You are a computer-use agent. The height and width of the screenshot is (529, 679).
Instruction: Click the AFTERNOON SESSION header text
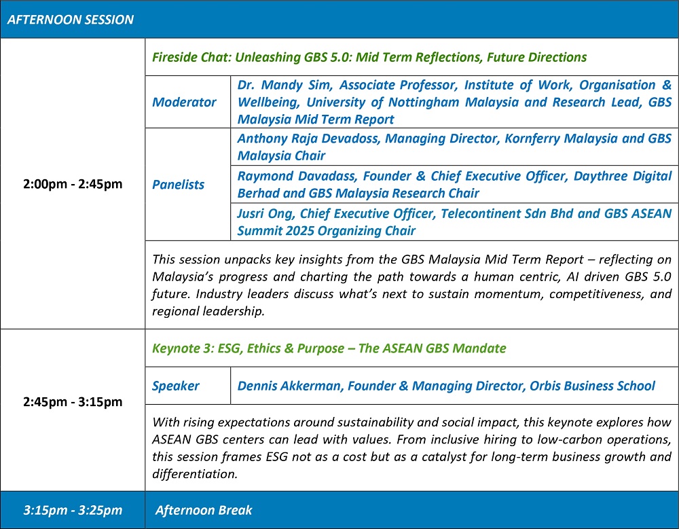click(x=70, y=20)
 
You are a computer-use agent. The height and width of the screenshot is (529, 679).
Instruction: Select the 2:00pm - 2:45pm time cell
click(x=73, y=184)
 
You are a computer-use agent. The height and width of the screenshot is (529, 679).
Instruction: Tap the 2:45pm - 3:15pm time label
click(x=73, y=401)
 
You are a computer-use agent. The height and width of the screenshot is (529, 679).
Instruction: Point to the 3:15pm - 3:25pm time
click(x=73, y=510)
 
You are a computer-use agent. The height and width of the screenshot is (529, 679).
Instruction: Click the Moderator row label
click(x=184, y=103)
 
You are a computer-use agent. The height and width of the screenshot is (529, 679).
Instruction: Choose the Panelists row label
click(x=178, y=185)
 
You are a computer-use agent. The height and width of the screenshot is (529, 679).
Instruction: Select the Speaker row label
click(x=175, y=386)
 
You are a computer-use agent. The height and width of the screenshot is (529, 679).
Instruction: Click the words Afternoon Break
click(x=204, y=510)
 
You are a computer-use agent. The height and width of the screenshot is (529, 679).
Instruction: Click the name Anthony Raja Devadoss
click(x=309, y=139)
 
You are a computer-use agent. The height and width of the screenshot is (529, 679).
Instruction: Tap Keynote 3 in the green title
click(x=181, y=348)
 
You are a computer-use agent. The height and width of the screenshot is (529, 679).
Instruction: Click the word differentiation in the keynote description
click(x=195, y=474)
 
